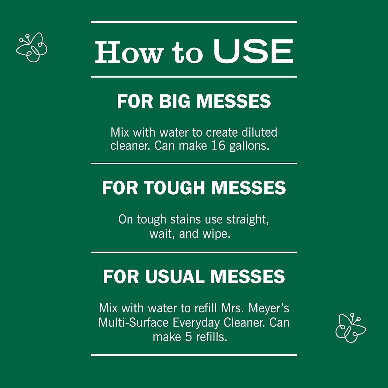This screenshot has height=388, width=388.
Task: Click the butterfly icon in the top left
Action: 32,47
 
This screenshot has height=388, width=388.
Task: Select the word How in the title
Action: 129,52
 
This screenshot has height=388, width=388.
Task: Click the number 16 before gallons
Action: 219,146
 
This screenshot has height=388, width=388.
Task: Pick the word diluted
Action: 259,132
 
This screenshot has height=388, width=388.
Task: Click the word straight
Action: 248,220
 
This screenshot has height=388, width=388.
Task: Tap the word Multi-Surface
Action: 134,322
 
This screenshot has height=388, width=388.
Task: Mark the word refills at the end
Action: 212,337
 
